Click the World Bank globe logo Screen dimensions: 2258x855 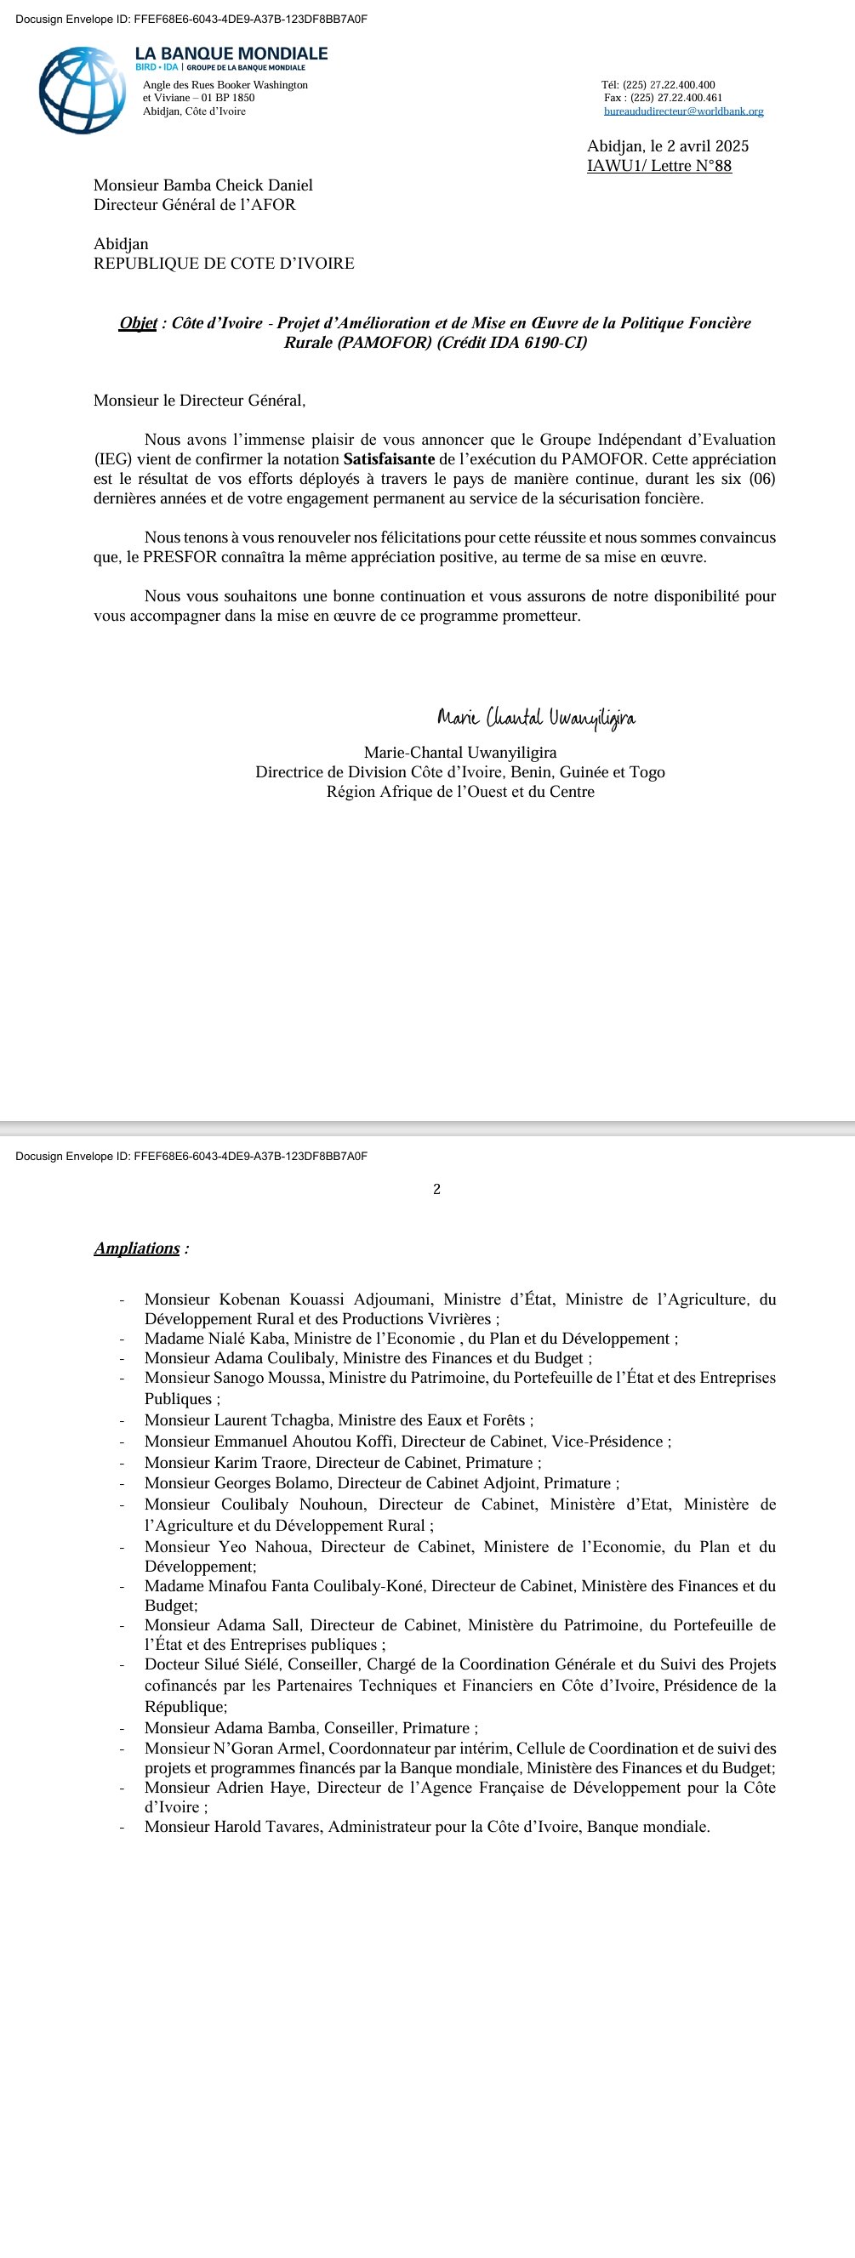point(82,90)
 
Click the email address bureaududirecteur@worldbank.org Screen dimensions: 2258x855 point(683,111)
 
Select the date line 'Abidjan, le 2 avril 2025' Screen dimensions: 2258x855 point(667,146)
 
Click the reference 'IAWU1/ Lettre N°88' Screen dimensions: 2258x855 point(658,166)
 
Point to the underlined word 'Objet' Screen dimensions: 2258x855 point(138,322)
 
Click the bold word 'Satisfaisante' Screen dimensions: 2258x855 point(389,459)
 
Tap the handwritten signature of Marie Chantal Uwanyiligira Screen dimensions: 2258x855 point(536,719)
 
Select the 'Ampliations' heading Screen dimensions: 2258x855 point(137,1248)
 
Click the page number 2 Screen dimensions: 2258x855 point(436,1190)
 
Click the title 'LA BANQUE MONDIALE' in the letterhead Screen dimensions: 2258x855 point(231,54)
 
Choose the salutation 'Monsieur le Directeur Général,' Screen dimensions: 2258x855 point(200,401)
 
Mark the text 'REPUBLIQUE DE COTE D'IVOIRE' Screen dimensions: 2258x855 point(224,263)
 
